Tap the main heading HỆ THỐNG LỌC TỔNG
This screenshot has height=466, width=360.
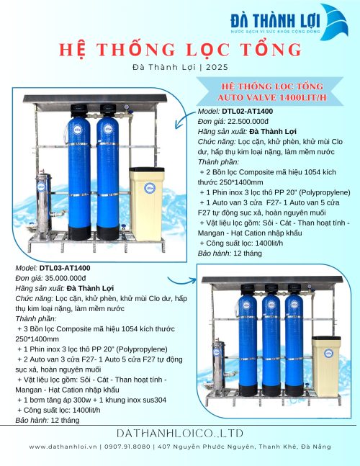179,49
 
